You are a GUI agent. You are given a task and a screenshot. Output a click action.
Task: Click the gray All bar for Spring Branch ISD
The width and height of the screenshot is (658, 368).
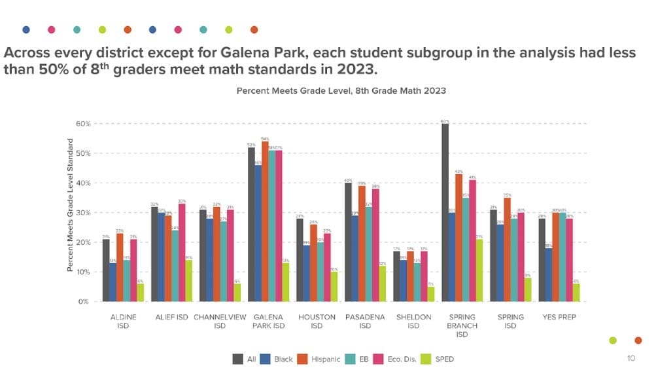(x=445, y=213)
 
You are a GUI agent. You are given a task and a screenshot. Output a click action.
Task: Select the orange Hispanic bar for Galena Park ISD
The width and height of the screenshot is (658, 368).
(x=264, y=221)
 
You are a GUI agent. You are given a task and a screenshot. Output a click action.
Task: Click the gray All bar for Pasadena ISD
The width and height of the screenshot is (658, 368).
(x=348, y=242)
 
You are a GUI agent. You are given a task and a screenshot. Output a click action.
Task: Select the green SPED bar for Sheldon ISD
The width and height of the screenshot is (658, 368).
(x=431, y=294)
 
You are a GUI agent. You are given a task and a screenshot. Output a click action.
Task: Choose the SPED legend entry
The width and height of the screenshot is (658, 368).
(x=438, y=359)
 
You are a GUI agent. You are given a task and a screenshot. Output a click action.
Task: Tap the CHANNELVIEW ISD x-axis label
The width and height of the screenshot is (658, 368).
(x=220, y=321)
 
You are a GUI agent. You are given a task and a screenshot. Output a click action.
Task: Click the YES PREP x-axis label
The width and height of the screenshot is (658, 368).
(x=559, y=317)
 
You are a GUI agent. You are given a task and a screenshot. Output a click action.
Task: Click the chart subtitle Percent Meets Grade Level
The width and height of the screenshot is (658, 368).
(x=341, y=90)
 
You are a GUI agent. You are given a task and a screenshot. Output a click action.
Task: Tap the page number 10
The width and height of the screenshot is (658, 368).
(x=631, y=358)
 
